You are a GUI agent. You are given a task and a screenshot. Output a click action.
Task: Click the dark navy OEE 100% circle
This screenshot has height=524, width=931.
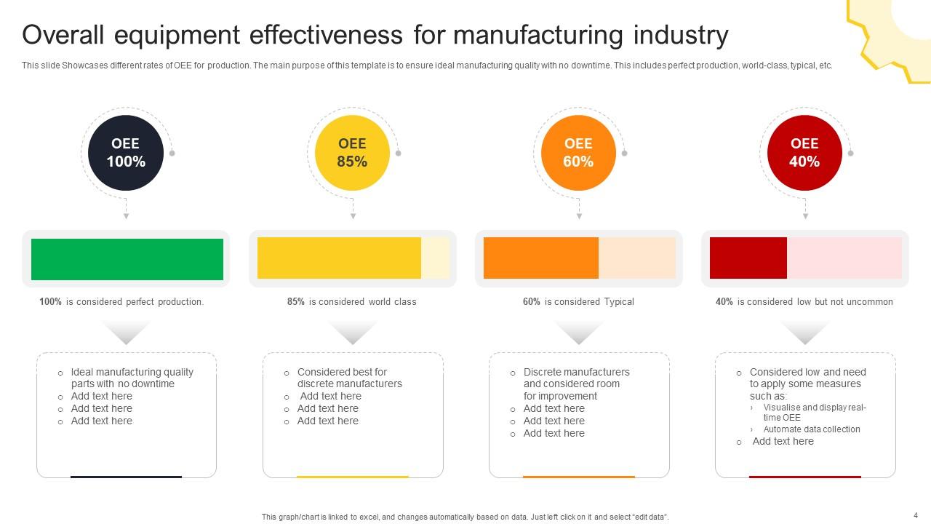[126, 153]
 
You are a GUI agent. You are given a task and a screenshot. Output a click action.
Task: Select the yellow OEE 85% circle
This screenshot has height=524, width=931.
[352, 153]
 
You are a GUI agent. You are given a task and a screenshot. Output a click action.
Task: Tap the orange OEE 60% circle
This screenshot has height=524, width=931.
[578, 153]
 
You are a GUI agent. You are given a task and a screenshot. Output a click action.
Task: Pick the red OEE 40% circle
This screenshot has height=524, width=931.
[804, 153]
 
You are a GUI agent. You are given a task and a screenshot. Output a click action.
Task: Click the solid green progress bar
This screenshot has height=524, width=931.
[127, 259]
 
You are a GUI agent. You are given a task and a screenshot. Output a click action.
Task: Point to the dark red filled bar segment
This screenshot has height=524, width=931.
[748, 258]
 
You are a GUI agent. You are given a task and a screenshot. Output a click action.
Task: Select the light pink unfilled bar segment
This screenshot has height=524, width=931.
[844, 258]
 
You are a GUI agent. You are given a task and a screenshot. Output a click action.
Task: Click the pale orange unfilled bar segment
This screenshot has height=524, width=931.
[636, 258]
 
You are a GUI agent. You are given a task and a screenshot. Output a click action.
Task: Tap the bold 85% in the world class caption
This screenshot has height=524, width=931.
[296, 302]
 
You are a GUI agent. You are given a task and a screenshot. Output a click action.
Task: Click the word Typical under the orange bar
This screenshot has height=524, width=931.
[618, 302]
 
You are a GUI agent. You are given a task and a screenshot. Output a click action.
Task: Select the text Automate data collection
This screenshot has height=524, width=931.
[812, 429]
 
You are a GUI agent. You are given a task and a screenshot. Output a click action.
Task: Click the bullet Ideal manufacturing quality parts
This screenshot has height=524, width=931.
[132, 378]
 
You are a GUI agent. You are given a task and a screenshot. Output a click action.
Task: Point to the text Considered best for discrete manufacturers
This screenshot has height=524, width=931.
[349, 378]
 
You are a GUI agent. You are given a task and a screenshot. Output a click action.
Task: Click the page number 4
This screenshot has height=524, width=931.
[916, 515]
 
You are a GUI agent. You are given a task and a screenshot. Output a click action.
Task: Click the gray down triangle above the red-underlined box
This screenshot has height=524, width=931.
[805, 333]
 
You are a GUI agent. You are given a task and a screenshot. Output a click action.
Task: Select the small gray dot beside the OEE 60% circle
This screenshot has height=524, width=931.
[624, 153]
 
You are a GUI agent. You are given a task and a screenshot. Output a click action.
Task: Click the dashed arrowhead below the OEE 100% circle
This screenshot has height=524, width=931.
[126, 216]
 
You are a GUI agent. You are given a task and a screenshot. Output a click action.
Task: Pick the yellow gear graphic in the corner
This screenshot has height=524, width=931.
[891, 36]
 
